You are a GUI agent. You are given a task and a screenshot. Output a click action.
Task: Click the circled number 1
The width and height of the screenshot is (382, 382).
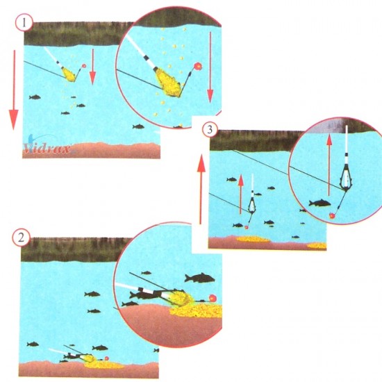pyautogui.click(x=24, y=23)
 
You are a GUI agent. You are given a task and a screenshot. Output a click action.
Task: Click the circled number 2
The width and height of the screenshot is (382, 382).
pyautogui.click(x=22, y=238)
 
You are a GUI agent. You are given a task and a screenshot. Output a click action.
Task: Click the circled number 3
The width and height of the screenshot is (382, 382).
pyautogui.click(x=210, y=130)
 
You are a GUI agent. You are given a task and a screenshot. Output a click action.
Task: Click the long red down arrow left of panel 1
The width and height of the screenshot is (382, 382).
pyautogui.click(x=14, y=90)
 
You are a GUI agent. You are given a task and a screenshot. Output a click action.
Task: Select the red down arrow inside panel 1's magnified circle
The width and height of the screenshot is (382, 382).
pyautogui.click(x=210, y=69)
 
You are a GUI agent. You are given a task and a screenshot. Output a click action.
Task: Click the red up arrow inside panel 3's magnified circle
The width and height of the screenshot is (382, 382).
pyautogui.click(x=329, y=165)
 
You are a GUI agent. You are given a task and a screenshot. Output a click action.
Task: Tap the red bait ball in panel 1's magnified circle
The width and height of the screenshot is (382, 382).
pyautogui.click(x=198, y=66)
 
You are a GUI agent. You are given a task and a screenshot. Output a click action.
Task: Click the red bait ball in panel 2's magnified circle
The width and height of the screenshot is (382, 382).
pyautogui.click(x=213, y=298)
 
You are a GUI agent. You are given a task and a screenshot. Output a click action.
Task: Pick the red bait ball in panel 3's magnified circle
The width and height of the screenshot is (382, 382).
pyautogui.click(x=332, y=215)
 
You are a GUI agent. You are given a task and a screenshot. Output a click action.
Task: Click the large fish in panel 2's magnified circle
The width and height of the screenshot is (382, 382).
pyautogui.click(x=200, y=278)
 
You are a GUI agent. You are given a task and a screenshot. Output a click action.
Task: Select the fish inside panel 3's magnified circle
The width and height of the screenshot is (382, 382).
pyautogui.click(x=320, y=203)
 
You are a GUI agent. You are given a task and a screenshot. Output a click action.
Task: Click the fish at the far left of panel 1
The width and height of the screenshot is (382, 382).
pyautogui.click(x=35, y=97)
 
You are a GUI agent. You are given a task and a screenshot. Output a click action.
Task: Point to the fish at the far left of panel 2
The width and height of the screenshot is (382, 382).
pyautogui.click(x=33, y=344)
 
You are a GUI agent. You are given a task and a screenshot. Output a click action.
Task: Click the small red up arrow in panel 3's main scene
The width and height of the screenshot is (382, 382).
pyautogui.click(x=241, y=194)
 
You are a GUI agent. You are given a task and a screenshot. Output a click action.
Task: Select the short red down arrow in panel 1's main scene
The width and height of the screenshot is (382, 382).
pyautogui.click(x=92, y=67)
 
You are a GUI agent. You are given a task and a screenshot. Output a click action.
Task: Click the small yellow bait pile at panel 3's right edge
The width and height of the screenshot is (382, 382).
pyautogui.click(x=317, y=245)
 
